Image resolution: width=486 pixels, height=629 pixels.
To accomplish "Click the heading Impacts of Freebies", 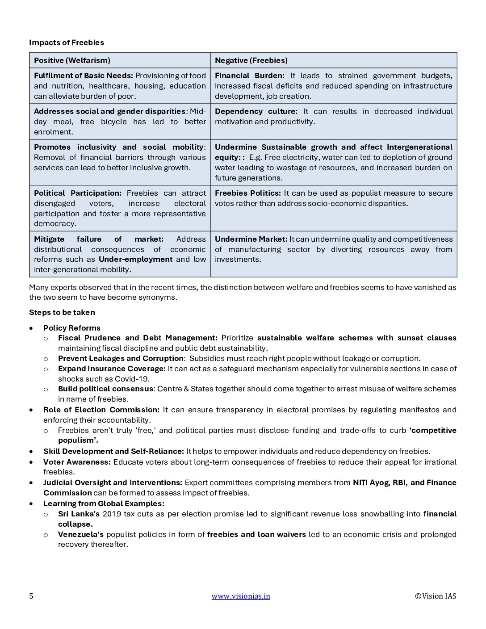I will (x=67, y=42).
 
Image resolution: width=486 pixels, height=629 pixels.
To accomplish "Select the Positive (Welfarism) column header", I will (x=72, y=60).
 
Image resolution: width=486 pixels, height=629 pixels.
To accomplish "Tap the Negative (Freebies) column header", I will (x=251, y=60).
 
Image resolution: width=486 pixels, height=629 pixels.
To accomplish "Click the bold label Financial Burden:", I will (x=249, y=75).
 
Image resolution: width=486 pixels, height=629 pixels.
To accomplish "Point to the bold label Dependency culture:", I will (x=256, y=111).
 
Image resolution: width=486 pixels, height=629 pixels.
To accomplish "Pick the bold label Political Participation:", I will (x=78, y=193).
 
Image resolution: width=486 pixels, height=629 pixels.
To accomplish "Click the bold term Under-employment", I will (x=135, y=259).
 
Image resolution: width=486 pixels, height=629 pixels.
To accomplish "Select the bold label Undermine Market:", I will (x=251, y=239).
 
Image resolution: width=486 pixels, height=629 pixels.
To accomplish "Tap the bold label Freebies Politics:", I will (x=248, y=193).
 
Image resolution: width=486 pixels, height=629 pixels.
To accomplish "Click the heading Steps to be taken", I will (x=62, y=312).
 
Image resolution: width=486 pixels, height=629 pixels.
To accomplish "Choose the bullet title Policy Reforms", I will (x=72, y=328).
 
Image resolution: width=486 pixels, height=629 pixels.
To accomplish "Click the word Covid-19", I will (x=135, y=379).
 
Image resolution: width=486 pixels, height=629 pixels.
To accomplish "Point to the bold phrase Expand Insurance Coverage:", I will (x=112, y=369).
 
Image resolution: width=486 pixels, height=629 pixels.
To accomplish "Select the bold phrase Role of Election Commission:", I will (x=101, y=410).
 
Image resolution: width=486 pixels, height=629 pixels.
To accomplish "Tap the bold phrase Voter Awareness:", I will (x=77, y=462).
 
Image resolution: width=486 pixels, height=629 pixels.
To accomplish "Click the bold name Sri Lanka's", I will (x=79, y=514).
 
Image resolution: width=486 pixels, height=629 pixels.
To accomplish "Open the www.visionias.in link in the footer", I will (x=241, y=596).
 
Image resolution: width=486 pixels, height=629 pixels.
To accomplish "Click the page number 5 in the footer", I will (x=31, y=596).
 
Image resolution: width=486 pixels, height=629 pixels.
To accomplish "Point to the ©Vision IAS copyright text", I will (x=436, y=596).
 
